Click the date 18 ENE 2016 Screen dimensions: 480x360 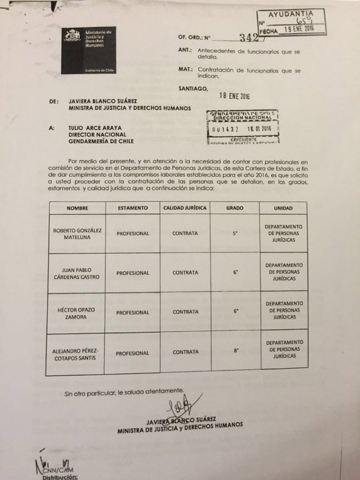point(235,95)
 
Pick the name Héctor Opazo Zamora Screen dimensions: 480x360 point(78,312)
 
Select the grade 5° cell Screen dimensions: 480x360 point(235,234)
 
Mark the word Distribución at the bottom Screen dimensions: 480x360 point(55,476)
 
